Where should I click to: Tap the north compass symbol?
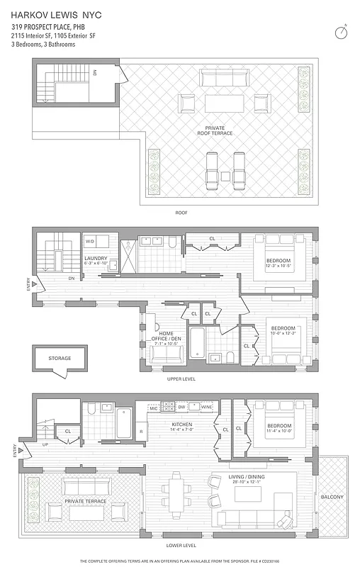[342, 33]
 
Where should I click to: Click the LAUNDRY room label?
[96, 258]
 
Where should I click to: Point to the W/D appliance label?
[90, 240]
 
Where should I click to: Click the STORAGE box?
[60, 359]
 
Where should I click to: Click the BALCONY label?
[332, 498]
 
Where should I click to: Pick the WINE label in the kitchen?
[207, 408]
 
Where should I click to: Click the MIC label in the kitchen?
[152, 408]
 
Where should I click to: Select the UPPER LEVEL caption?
[181, 379]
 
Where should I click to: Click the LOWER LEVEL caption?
[181, 546]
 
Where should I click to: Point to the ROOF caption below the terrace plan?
[181, 213]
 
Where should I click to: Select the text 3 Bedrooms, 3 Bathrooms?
[43, 44]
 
